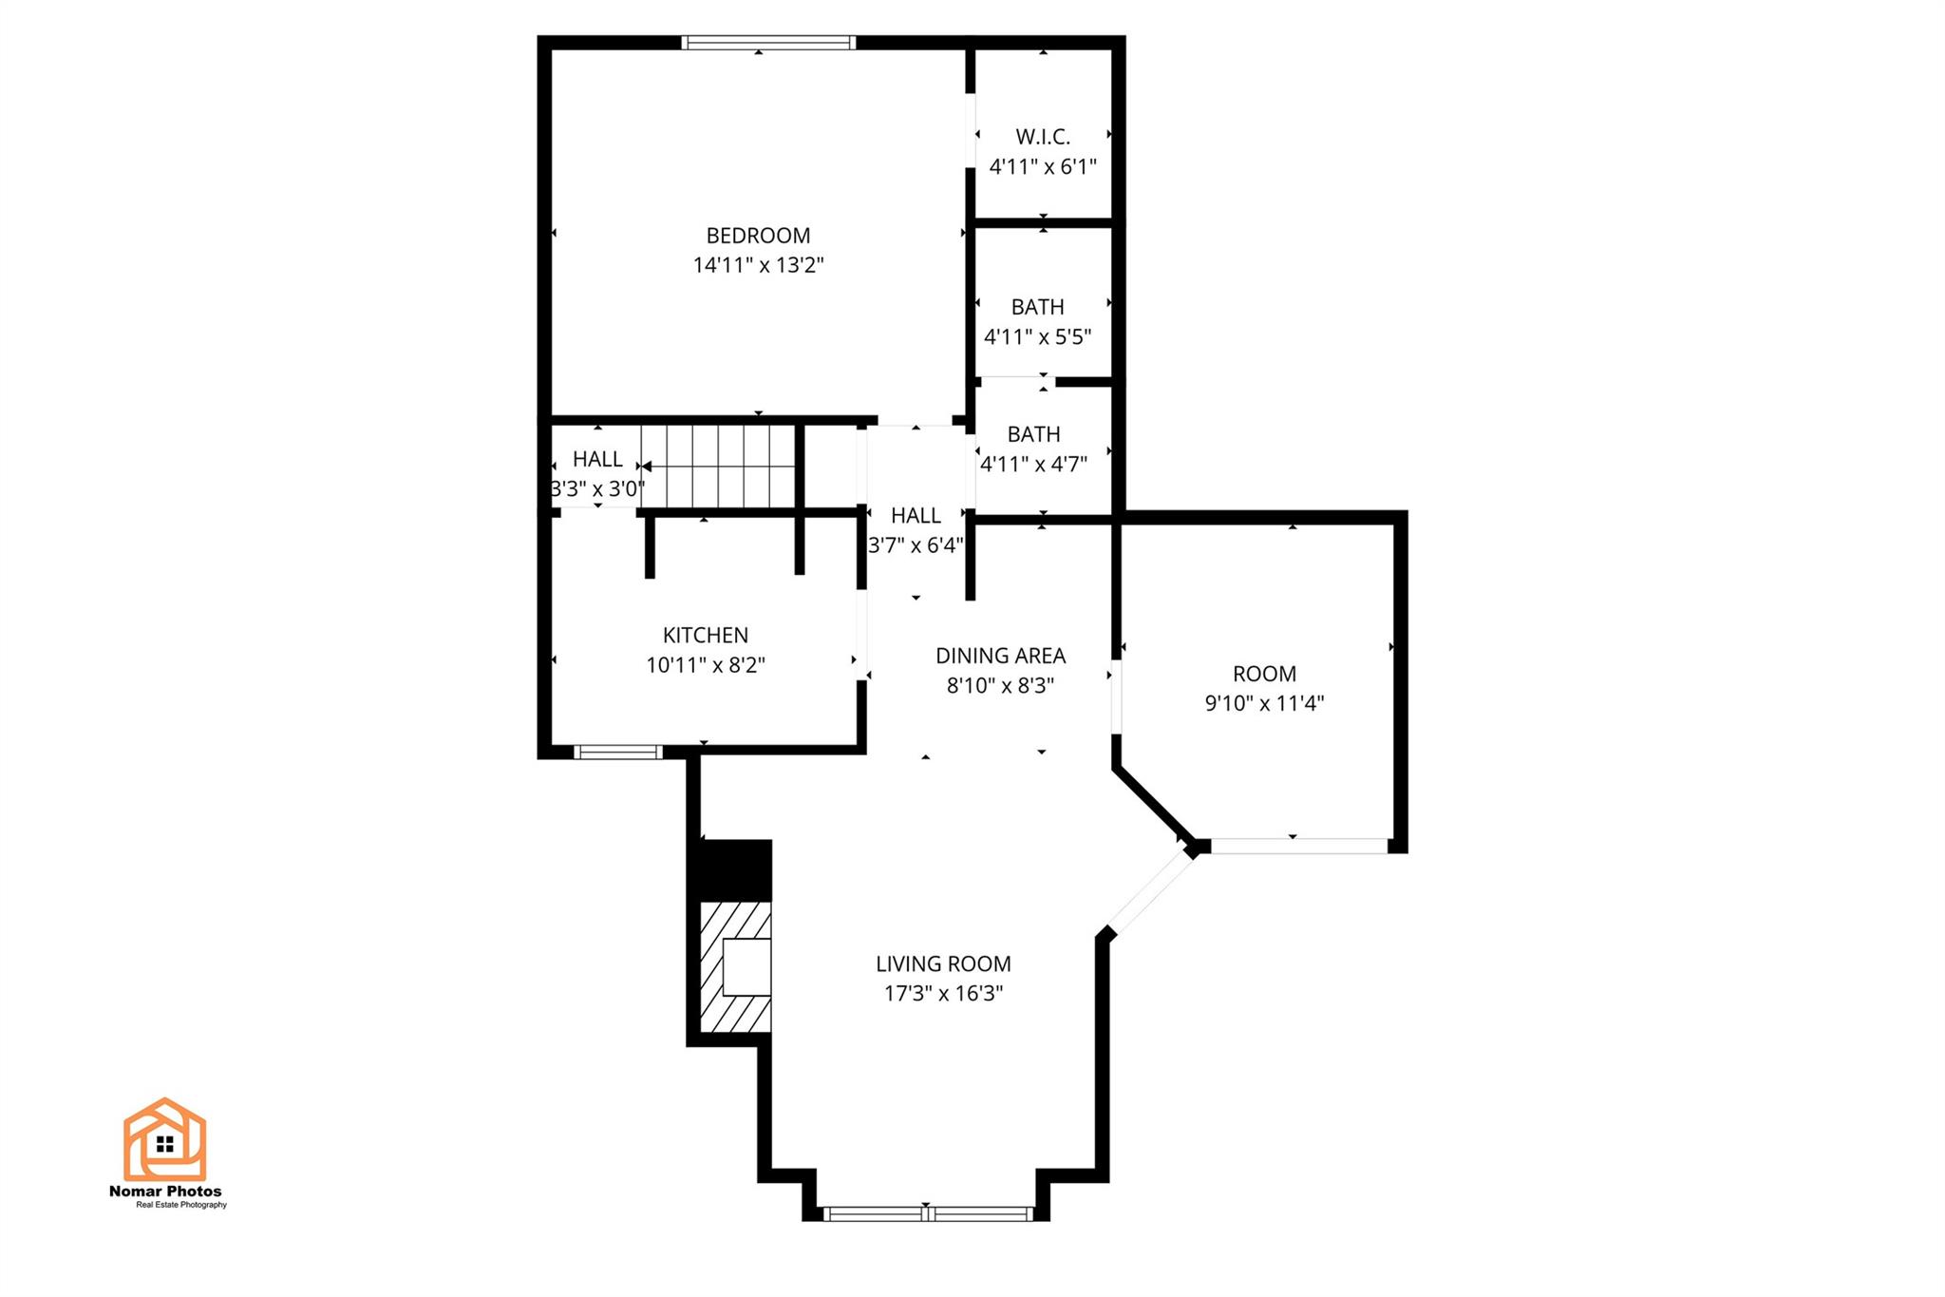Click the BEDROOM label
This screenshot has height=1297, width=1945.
click(x=758, y=236)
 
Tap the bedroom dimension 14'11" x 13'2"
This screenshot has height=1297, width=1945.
click(x=758, y=265)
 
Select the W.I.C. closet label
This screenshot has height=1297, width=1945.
click(x=1043, y=137)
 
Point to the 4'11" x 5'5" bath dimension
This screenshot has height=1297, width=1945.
click(x=1037, y=337)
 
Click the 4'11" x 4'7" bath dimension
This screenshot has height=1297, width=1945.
click(x=1033, y=465)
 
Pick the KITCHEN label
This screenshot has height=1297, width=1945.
click(x=706, y=635)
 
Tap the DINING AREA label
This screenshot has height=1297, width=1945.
click(x=1000, y=656)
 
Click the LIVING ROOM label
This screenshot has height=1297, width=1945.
click(x=943, y=963)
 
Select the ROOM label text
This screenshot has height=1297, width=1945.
click(x=1264, y=674)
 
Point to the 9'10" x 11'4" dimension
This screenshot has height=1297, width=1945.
click(x=1264, y=704)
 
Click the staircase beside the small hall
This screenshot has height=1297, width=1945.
click(x=718, y=467)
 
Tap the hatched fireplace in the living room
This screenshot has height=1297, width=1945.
click(x=735, y=966)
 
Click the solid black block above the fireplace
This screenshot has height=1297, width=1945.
click(x=735, y=868)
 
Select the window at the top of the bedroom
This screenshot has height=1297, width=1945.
click(x=768, y=43)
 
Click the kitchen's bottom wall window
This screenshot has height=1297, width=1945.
click(x=617, y=753)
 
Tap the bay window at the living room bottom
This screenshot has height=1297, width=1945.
click(x=927, y=1213)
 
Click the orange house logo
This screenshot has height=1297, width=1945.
click(x=164, y=1139)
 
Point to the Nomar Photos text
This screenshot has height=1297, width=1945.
click(x=165, y=1191)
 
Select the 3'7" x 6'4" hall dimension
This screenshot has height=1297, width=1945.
click(x=916, y=545)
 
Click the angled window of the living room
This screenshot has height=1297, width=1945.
click(x=1150, y=891)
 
